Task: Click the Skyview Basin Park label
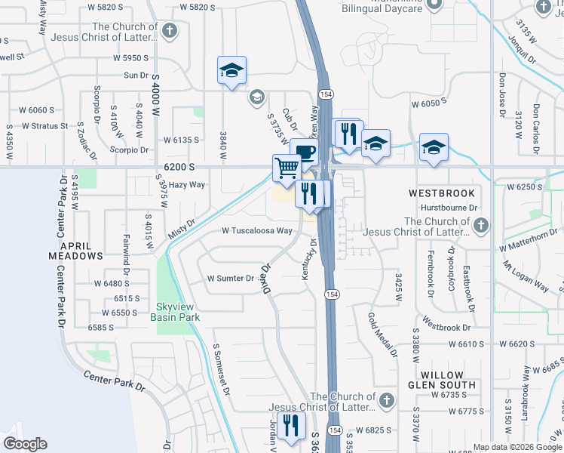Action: click(x=176, y=313)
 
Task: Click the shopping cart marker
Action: click(x=287, y=168)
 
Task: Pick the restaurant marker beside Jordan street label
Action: click(x=289, y=427)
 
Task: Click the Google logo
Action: click(x=25, y=444)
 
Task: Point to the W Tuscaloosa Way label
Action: click(x=257, y=231)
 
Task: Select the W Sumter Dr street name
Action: click(x=231, y=279)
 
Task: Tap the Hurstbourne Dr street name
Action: click(x=449, y=206)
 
